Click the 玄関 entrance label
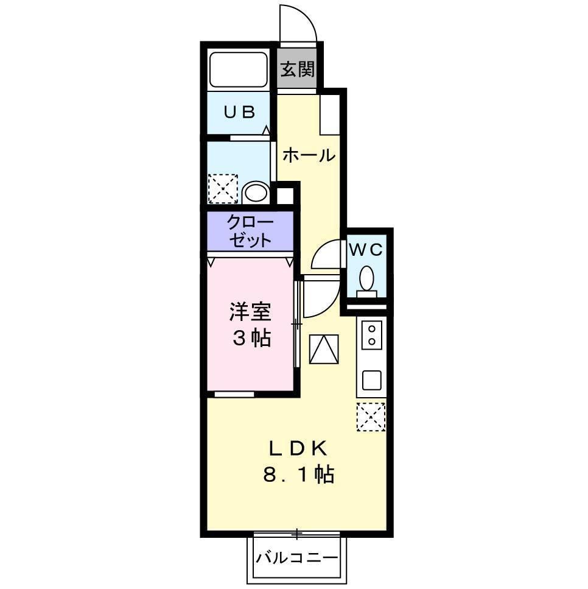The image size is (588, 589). [x=298, y=69]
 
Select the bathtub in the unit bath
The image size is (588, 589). [x=238, y=70]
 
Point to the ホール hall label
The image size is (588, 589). [x=309, y=155]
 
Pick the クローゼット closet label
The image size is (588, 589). [x=250, y=231]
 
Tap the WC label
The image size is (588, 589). [x=366, y=249]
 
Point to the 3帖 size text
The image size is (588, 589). [x=250, y=338]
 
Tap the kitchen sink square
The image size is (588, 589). [x=371, y=380]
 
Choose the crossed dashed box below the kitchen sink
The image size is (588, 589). [x=371, y=417]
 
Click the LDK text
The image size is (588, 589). [x=298, y=449]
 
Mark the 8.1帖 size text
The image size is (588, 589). [x=298, y=475]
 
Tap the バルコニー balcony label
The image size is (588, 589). [x=296, y=557]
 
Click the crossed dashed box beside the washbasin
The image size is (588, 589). [x=223, y=188]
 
